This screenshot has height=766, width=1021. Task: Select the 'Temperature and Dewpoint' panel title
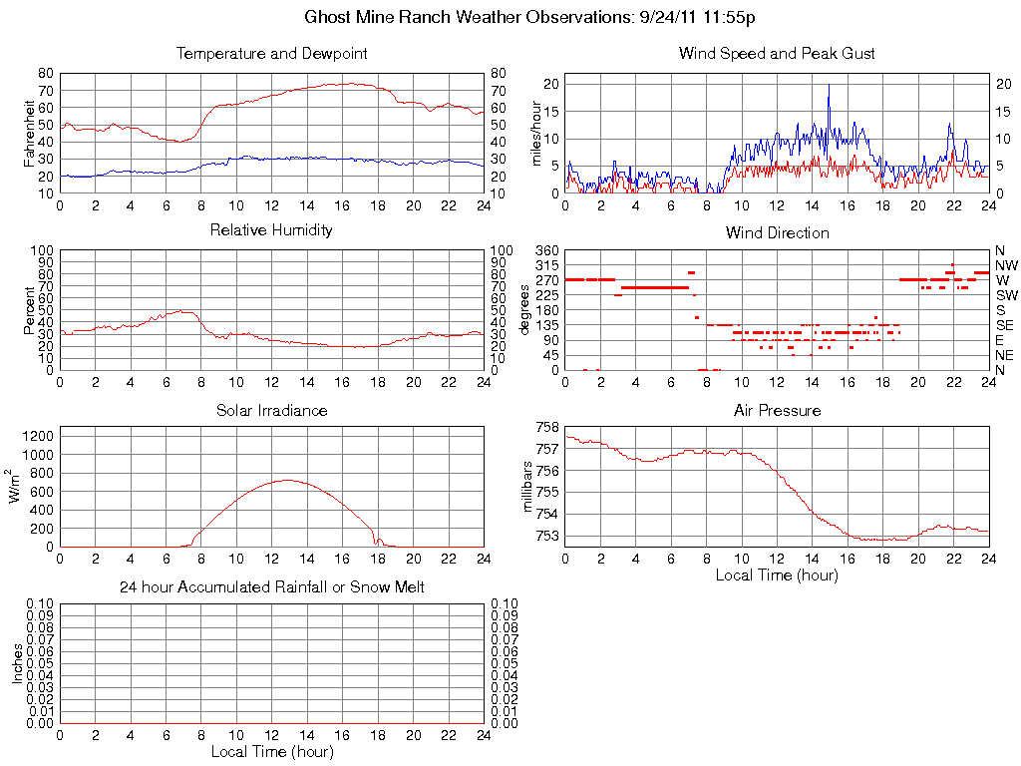pos(271,54)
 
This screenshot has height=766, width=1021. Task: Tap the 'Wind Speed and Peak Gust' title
pos(777,54)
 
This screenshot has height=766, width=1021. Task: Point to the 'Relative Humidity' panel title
pos(271,230)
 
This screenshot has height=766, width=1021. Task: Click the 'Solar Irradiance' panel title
pos(271,411)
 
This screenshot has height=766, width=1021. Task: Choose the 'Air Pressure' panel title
pos(777,411)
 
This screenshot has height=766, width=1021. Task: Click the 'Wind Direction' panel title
pos(777,233)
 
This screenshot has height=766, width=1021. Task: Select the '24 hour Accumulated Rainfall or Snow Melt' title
pos(271,587)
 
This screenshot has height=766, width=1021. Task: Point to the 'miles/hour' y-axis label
pos(535,134)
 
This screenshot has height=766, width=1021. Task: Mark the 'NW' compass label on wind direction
pos(1005,265)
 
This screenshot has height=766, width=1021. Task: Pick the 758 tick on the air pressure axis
pos(547,427)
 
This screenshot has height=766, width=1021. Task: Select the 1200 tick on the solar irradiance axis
pos(39,435)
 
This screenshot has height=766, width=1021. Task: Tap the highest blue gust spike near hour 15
pos(829,86)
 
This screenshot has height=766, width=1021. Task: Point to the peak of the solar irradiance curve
pos(288,480)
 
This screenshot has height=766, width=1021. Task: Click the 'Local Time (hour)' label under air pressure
pos(777,574)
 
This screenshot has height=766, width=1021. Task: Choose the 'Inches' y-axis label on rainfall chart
pos(18,663)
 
